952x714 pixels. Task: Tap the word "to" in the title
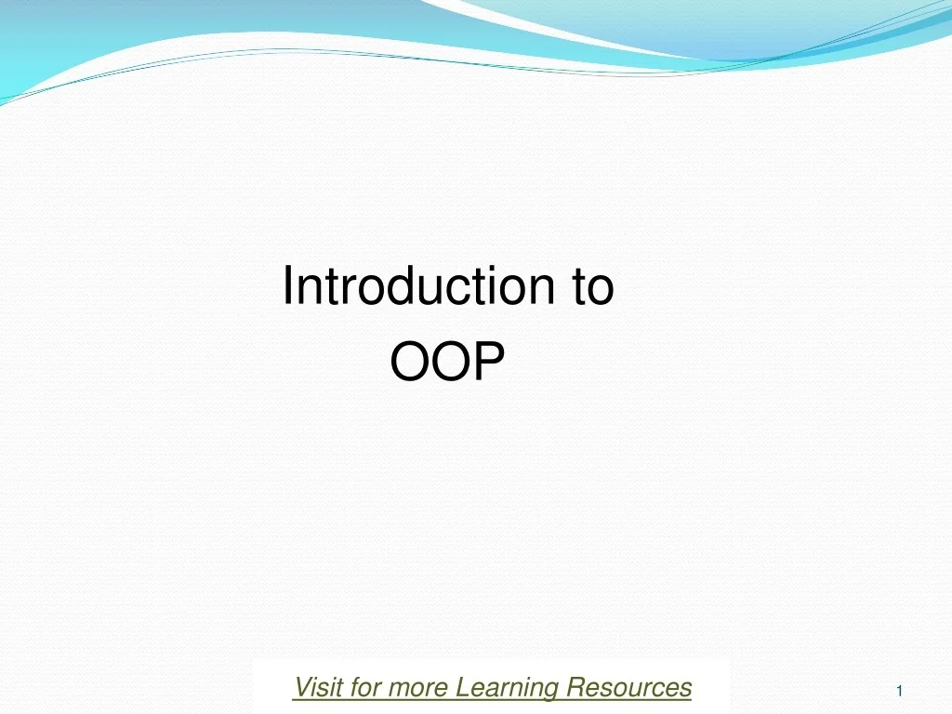coord(592,286)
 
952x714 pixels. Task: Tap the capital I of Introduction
coord(287,285)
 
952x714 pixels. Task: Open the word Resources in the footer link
coord(628,687)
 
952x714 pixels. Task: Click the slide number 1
coord(900,691)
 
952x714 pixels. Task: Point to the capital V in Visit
coord(300,687)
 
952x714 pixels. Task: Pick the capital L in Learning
coord(461,687)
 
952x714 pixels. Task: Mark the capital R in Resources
coord(574,687)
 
